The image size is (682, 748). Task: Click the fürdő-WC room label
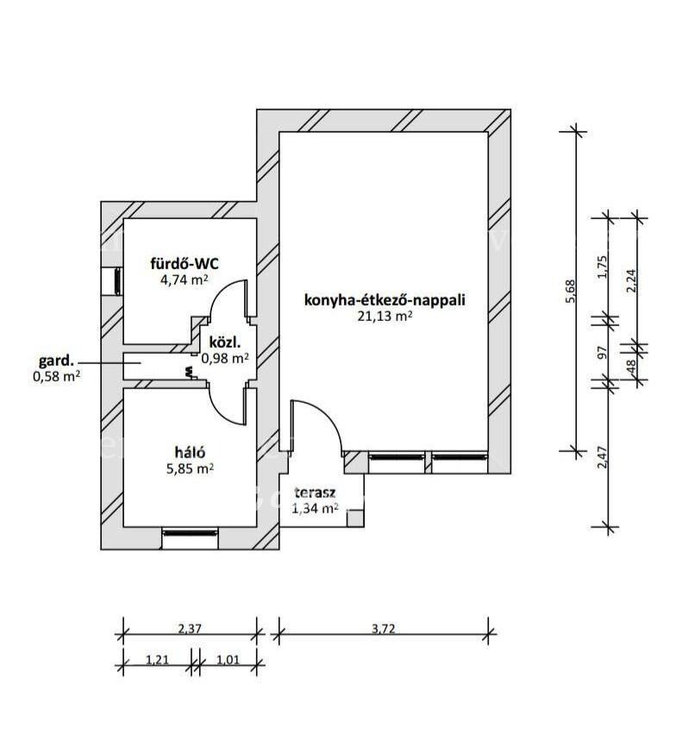(x=185, y=263)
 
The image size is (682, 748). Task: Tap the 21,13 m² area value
(x=385, y=317)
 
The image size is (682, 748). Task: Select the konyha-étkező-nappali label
(x=385, y=300)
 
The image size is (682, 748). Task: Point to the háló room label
(x=190, y=452)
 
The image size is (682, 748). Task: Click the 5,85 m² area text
(x=190, y=468)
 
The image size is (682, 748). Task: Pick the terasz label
(x=315, y=493)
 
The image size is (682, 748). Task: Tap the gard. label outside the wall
(x=57, y=359)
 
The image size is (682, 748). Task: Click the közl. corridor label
(x=225, y=342)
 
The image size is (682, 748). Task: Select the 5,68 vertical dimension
(x=571, y=291)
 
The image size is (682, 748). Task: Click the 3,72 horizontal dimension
(x=384, y=628)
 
